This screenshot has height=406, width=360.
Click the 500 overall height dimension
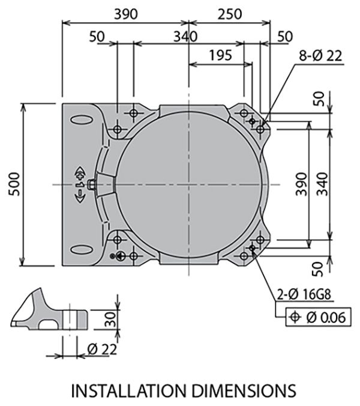(x=14, y=184)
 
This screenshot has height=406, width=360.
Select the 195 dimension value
(x=221, y=55)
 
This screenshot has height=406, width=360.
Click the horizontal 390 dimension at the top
(x=125, y=13)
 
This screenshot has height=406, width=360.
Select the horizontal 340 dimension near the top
(x=185, y=36)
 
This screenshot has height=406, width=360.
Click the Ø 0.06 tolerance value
(x=326, y=317)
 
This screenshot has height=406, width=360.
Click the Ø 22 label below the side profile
(x=101, y=348)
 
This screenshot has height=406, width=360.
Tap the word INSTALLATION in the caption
(x=124, y=390)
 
